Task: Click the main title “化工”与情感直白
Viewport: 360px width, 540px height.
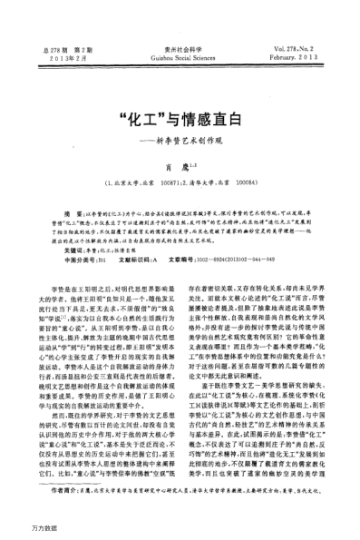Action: tap(180, 98)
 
